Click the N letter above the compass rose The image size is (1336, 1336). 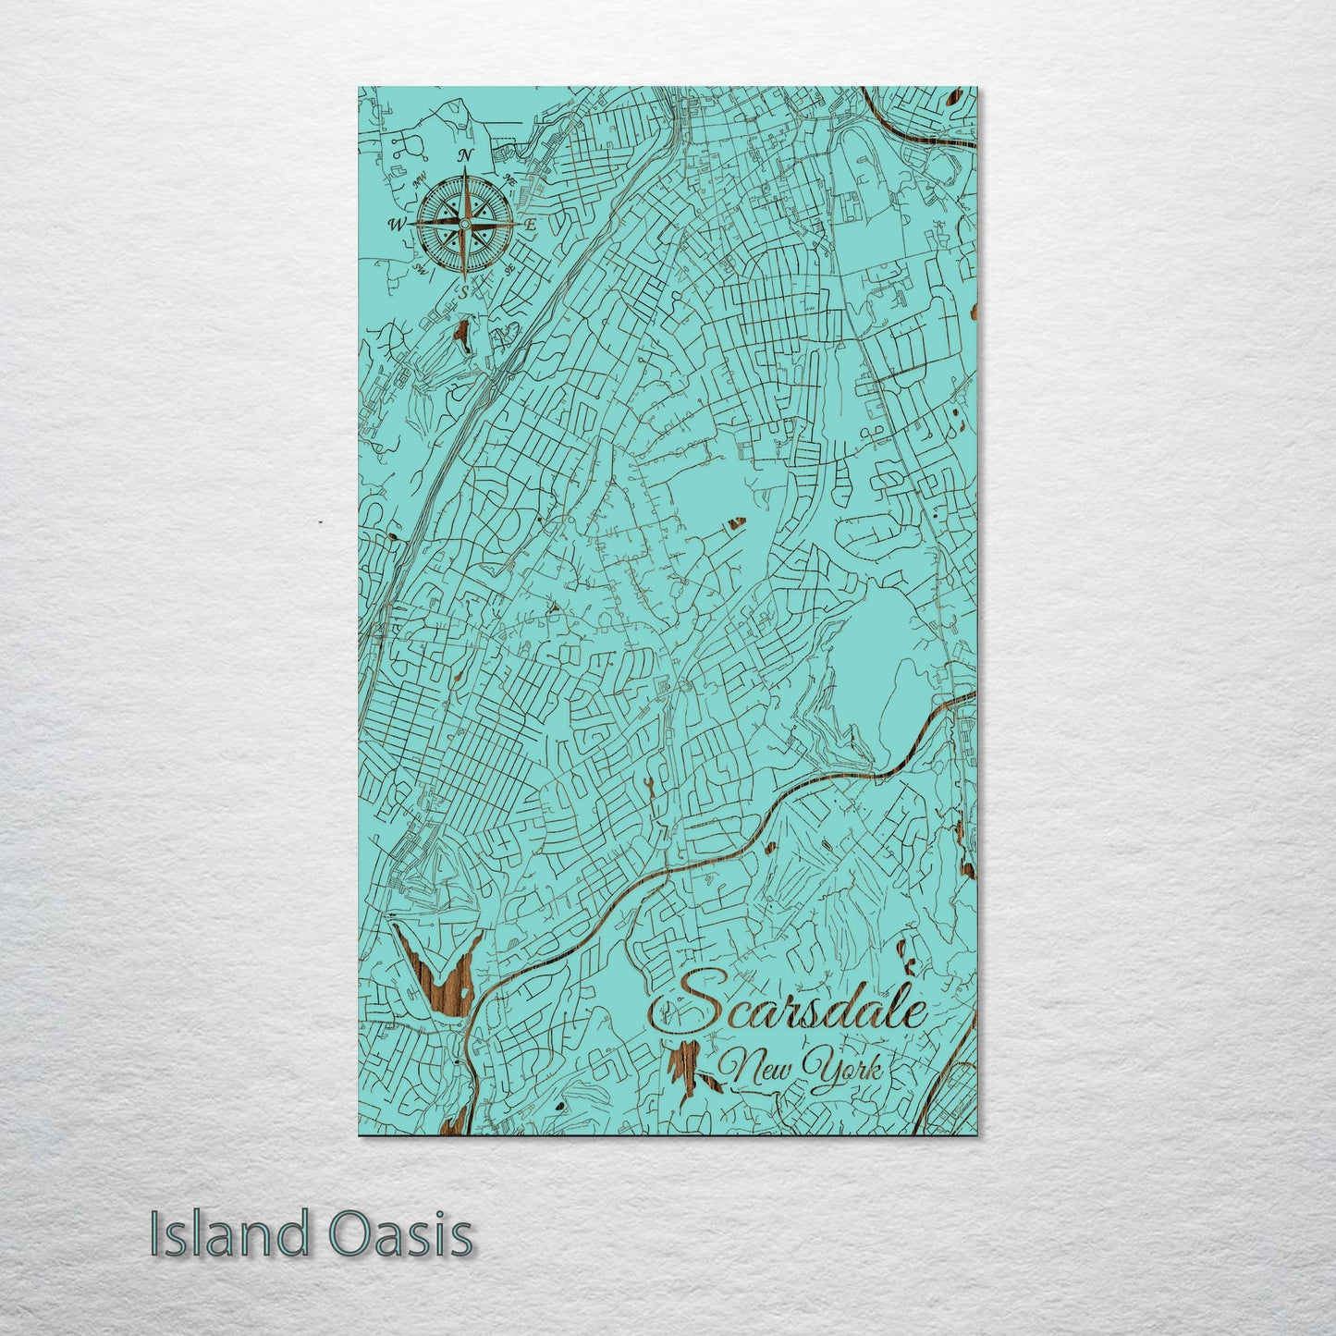467,154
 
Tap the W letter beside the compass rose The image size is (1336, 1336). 396,224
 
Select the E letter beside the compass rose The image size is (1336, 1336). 531,224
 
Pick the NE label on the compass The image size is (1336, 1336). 508,179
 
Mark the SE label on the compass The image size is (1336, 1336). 509,267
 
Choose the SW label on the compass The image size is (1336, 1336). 420,268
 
